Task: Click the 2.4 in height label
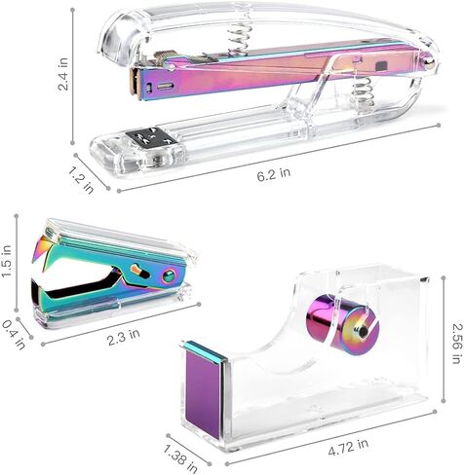62,74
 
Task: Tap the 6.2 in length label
274,174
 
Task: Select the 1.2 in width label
81,179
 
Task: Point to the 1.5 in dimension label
7,262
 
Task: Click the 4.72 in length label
348,447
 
